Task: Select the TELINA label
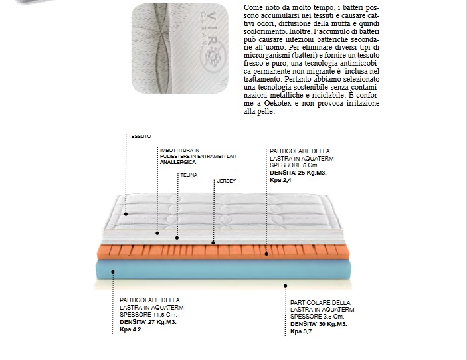[x=189, y=175]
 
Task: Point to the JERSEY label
[x=227, y=181]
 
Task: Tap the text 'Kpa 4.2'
[x=130, y=329]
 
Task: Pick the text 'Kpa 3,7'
[x=300, y=331]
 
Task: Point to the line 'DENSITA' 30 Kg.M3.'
[x=318, y=325]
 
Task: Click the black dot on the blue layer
[x=114, y=272]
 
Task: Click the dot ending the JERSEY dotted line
[x=213, y=243]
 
